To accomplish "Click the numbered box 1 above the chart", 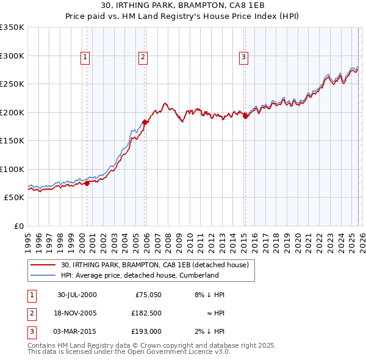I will point(85,57).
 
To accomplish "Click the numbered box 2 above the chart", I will point(143,57).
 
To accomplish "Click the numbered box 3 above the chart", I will point(243,57).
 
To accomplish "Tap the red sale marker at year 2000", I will point(87,182).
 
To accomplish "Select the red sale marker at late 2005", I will point(145,122).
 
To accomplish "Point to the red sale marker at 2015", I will point(245,116).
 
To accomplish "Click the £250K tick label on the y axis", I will point(12,84).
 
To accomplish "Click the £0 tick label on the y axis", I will point(18,226).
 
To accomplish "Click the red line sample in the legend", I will point(43,265).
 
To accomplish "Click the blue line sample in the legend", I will point(43,275).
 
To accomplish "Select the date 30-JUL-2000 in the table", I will point(77,295).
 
